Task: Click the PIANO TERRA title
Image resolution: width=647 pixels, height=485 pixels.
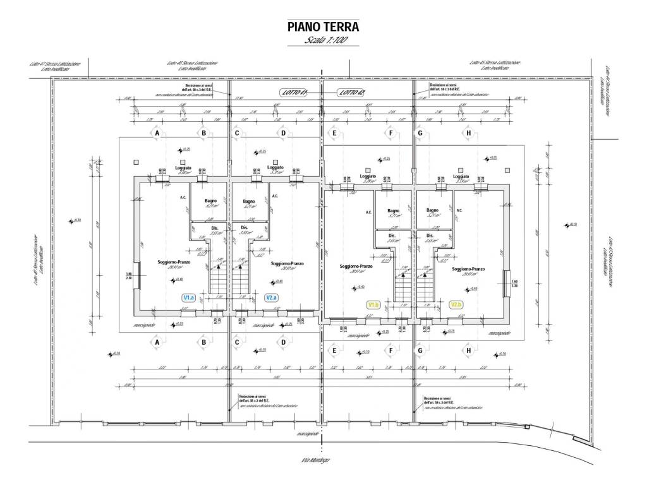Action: [323, 27]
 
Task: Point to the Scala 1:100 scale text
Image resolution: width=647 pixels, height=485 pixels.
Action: [323, 40]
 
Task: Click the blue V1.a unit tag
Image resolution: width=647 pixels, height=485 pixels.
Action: [189, 297]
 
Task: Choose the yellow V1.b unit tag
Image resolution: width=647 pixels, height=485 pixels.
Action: [373, 304]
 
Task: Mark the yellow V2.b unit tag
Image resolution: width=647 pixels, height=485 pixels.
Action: [456, 304]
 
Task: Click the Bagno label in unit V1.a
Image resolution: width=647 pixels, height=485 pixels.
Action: [210, 201]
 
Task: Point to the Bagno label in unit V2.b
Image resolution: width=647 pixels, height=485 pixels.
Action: [432, 210]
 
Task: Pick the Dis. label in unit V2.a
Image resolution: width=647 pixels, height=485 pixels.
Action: [244, 227]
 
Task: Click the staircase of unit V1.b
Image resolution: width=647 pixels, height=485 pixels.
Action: [402, 287]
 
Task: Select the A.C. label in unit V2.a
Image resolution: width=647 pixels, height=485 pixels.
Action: [275, 196]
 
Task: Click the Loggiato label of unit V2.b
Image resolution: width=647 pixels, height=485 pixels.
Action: [468, 176]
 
